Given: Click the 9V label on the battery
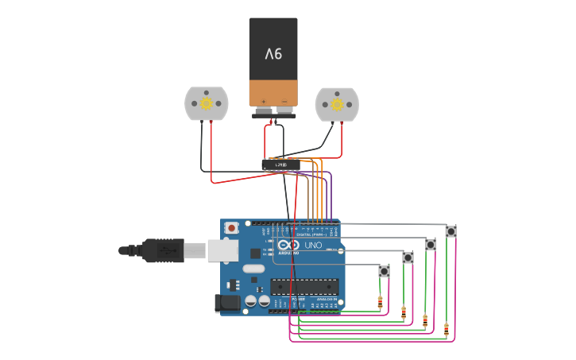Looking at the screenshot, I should pyautogui.click(x=273, y=54).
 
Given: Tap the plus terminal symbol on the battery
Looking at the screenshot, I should pyautogui.click(x=264, y=100).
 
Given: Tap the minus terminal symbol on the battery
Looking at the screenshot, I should pyautogui.click(x=284, y=100).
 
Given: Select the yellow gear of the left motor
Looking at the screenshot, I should pyautogui.click(x=207, y=103).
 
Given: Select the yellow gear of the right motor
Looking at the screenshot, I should pyautogui.click(x=337, y=103).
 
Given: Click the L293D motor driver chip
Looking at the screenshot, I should pyautogui.click(x=280, y=165).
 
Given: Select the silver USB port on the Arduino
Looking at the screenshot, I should pyautogui.click(x=222, y=250).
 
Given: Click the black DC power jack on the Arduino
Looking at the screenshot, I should pyautogui.click(x=227, y=303).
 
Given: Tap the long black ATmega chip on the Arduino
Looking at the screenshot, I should pyautogui.click(x=304, y=287).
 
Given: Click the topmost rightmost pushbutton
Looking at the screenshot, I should pyautogui.click(x=450, y=231).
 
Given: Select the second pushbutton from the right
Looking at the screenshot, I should pyautogui.click(x=431, y=244).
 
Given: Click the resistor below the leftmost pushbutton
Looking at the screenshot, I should pyautogui.click(x=380, y=303).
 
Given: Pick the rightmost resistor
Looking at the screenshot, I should pyautogui.click(x=446, y=329).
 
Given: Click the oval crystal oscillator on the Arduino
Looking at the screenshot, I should pyautogui.click(x=253, y=269).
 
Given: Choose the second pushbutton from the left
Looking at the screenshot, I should pyautogui.click(x=408, y=257).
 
